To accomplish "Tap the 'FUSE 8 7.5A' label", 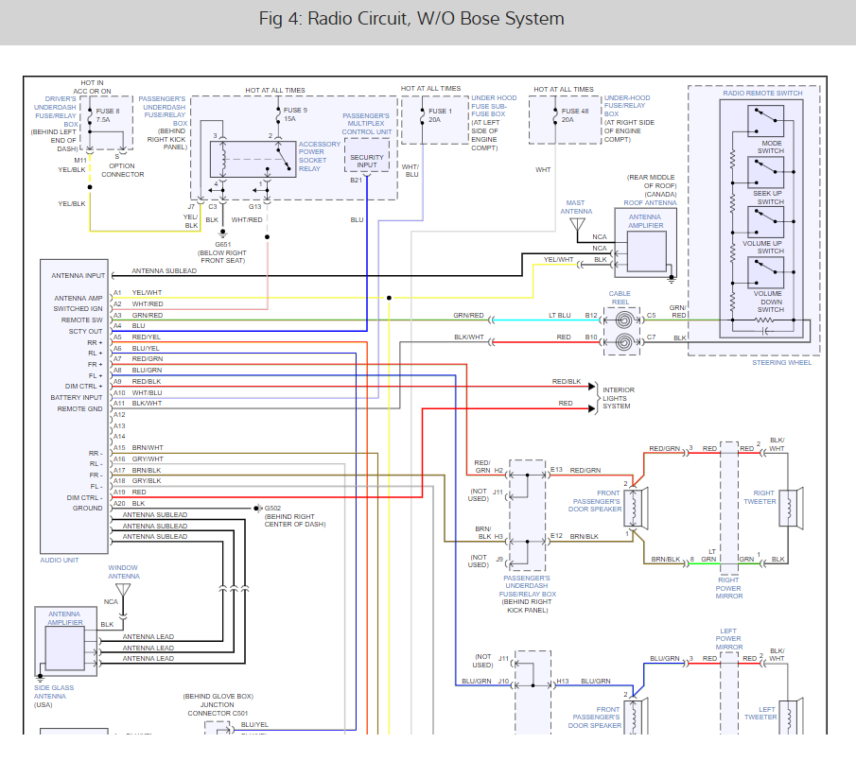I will [x=108, y=115].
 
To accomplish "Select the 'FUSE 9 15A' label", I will [x=295, y=115].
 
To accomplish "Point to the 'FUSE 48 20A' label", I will [x=568, y=115].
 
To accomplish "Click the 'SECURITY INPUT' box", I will [x=366, y=162].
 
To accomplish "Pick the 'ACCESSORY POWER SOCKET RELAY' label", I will [x=319, y=157].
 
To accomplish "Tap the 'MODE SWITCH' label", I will [x=770, y=147].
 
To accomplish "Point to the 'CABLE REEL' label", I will [x=620, y=298].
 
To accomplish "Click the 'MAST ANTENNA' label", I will [x=576, y=207].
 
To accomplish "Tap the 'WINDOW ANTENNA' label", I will [x=123, y=572].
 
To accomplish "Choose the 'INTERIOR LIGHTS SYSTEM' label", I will [x=619, y=397].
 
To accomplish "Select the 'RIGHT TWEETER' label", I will [x=764, y=497].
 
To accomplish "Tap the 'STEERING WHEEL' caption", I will [x=781, y=362].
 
